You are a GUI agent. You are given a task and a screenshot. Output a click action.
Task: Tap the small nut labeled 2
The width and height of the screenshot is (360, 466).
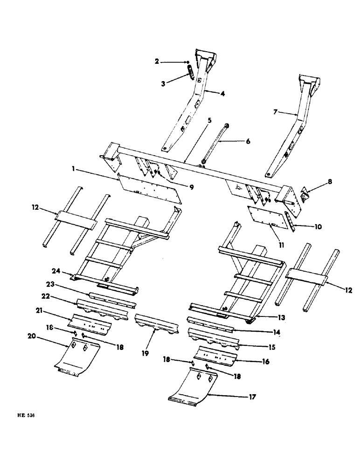187,62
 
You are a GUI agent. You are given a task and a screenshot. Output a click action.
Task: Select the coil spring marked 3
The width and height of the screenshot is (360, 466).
190,73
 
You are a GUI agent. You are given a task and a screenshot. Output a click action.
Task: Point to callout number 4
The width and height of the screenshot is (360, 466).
222,94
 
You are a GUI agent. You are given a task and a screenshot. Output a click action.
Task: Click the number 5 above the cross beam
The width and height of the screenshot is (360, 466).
209,120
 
